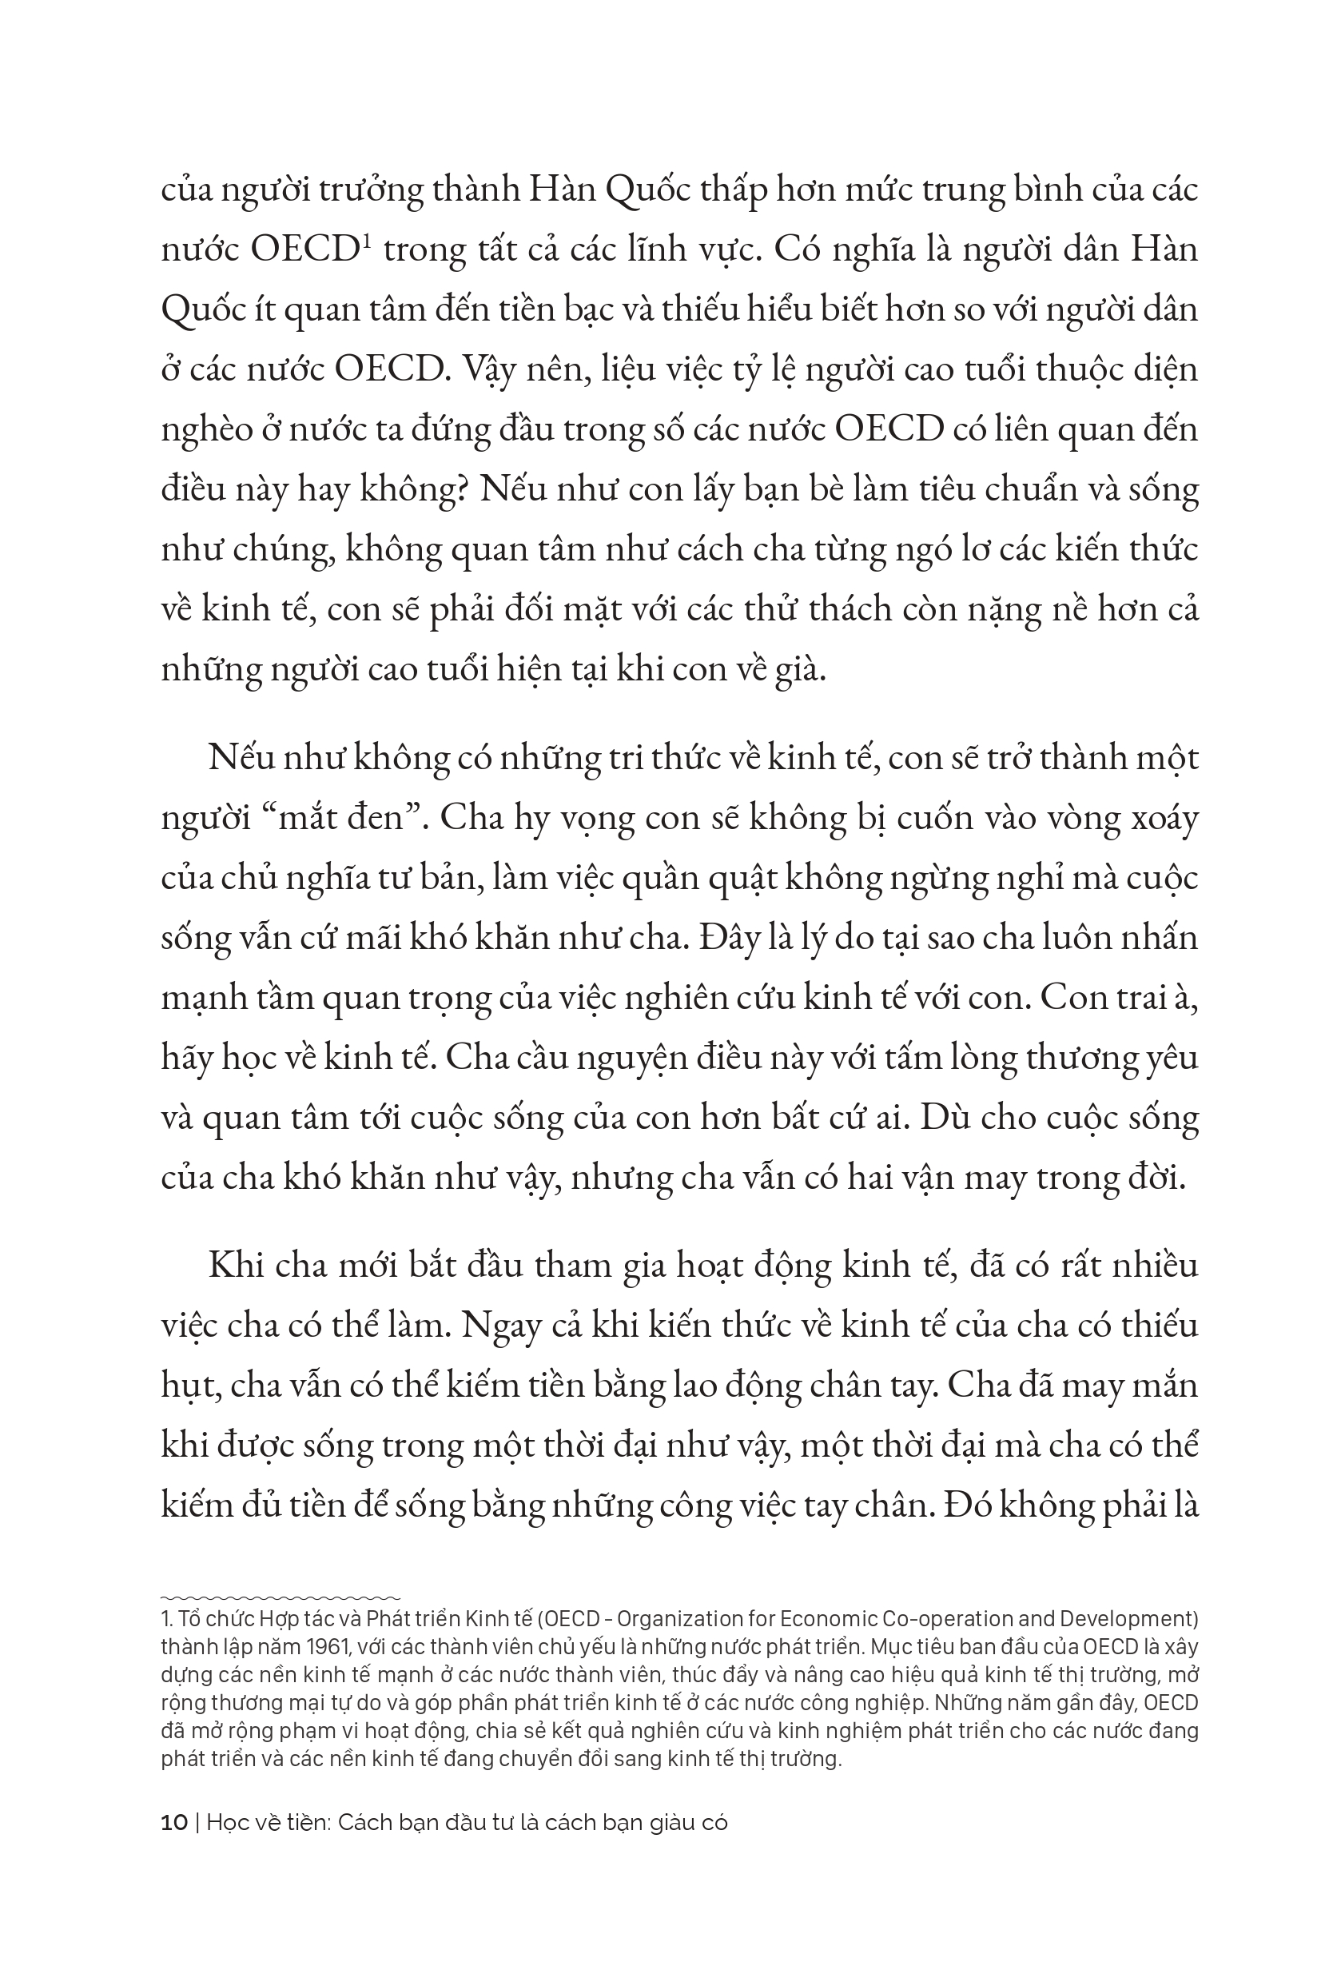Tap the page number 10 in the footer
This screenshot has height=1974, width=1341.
tap(174, 1824)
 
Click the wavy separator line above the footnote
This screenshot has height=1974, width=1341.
tap(281, 1597)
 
